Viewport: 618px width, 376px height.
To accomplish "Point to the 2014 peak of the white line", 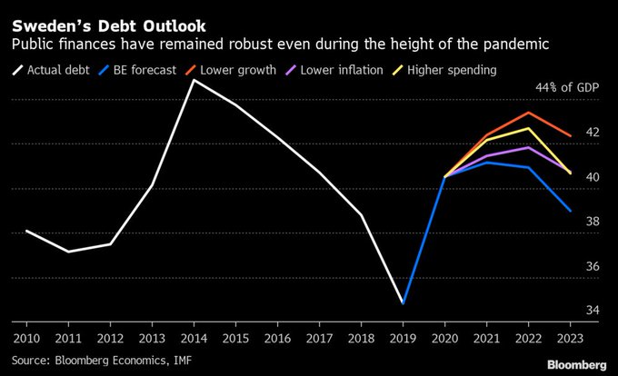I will [194, 80].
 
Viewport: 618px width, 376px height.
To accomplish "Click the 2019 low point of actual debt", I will [403, 303].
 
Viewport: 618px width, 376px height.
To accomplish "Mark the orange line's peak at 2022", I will [529, 113].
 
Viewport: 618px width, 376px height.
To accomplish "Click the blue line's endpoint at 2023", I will [570, 211].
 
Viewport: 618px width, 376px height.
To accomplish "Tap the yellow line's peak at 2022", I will [529, 128].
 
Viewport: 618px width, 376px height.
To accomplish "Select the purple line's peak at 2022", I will [529, 147].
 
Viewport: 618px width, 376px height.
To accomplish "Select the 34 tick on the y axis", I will [593, 311].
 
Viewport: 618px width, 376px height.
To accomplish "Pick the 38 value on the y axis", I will [593, 222].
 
